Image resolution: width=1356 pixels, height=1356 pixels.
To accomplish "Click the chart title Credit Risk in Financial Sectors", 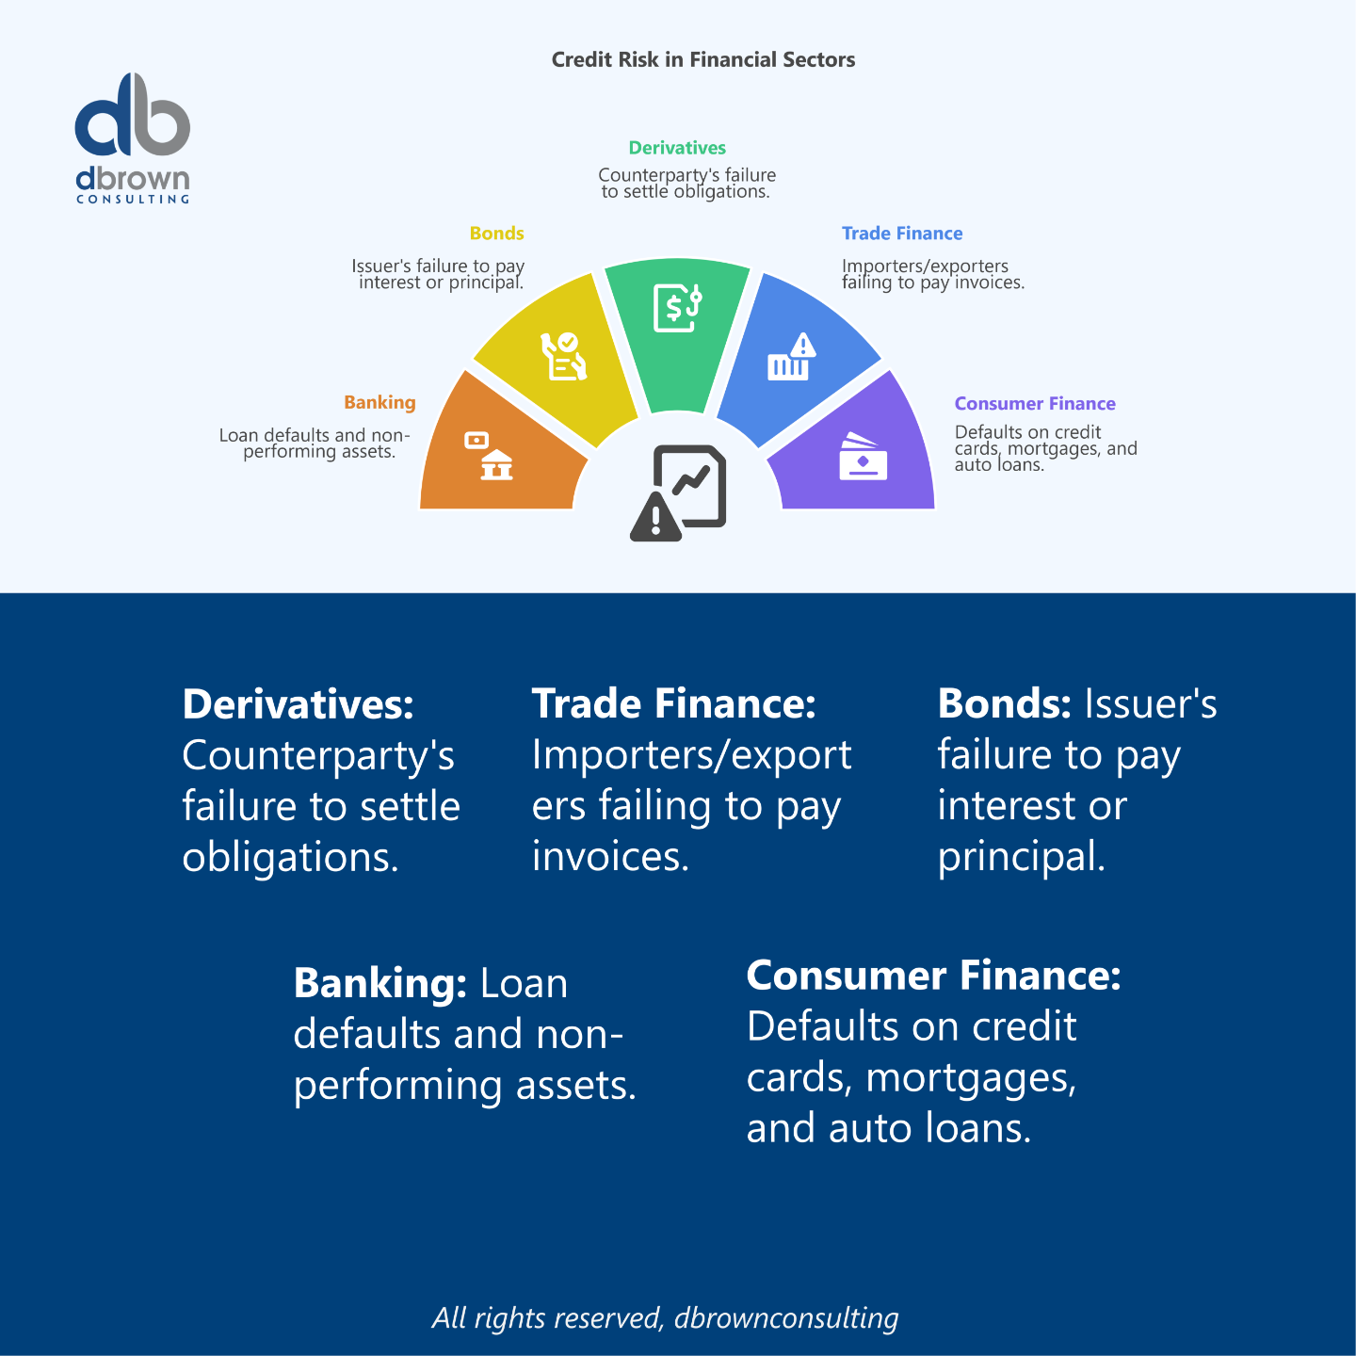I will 702,59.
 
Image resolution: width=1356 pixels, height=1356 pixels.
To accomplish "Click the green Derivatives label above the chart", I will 677,148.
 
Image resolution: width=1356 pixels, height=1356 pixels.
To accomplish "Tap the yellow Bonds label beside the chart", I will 496,234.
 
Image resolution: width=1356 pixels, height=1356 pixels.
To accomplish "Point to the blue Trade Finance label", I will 902,234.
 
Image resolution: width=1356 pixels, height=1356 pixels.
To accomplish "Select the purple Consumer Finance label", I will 1035,404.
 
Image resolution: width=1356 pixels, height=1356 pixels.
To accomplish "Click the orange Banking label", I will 379,402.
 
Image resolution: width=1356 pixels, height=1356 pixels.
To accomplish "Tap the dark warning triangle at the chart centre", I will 655,517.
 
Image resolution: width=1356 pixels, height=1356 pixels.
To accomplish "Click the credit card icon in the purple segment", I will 863,458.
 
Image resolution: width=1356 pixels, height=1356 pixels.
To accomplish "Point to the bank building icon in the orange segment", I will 495,464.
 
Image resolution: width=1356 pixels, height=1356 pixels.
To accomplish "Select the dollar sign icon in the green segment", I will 674,307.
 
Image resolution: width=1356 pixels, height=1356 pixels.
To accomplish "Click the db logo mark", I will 132,116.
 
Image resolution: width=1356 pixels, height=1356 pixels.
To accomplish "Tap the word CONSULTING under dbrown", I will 132,200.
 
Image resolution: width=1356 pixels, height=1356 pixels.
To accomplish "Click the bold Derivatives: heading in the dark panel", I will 298,704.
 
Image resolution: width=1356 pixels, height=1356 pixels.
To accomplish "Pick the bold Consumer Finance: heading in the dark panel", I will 933,976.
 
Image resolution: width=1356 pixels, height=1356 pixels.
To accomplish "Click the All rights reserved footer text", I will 665,1317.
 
